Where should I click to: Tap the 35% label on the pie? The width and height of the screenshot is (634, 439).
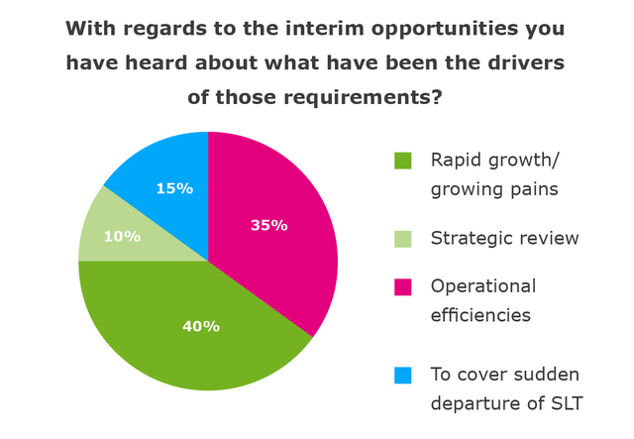click(x=268, y=225)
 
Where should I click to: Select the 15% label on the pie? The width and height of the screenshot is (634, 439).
click(x=174, y=187)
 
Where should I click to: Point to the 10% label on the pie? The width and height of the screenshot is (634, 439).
click(x=124, y=237)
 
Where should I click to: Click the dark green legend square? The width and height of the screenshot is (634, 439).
click(x=402, y=161)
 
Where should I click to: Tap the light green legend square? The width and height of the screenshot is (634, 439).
click(x=402, y=238)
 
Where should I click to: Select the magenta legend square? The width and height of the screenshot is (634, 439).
click(x=402, y=286)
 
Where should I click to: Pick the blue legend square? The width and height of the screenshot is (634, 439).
click(x=402, y=375)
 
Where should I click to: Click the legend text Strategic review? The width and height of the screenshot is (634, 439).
click(x=504, y=238)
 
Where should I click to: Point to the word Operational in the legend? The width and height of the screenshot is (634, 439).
click(x=482, y=286)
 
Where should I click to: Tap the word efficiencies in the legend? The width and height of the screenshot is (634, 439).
click(x=482, y=314)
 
